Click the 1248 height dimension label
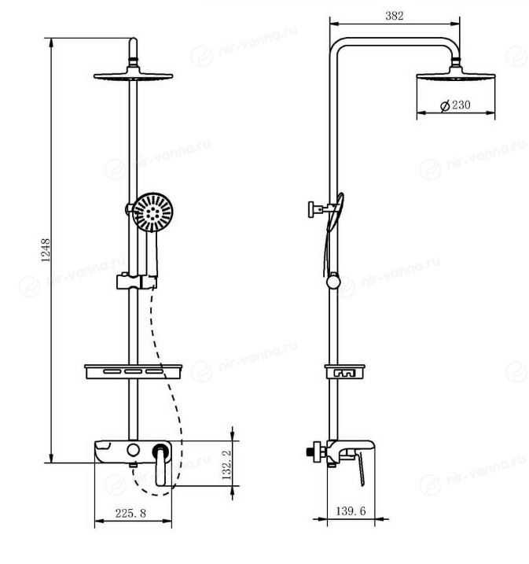click(46, 250)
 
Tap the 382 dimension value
click(395, 16)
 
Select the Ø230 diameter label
click(455, 105)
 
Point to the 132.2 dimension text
click(226, 465)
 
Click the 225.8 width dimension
click(130, 514)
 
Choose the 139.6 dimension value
click(351, 511)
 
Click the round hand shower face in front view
click(152, 212)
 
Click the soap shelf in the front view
click(134, 371)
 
